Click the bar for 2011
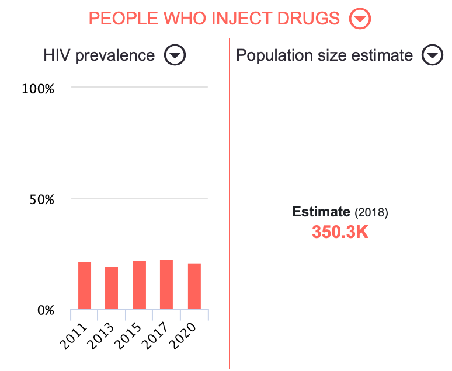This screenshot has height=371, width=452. click(x=85, y=286)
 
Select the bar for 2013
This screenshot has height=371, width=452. click(x=112, y=288)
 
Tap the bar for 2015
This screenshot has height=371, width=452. click(x=140, y=285)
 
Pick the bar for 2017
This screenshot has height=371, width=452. click(x=166, y=285)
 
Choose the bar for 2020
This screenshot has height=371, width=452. click(x=194, y=286)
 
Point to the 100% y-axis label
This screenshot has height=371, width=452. click(x=38, y=89)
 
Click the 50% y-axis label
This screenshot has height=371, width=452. click(x=41, y=199)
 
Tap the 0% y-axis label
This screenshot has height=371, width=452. click(x=46, y=310)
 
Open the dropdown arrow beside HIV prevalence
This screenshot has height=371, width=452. click(x=175, y=55)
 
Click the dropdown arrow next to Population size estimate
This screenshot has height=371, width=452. click(x=433, y=55)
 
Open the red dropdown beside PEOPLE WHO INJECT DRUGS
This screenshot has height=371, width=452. click(x=360, y=19)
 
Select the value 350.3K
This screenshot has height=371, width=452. click(x=340, y=232)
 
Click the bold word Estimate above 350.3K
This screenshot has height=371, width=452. click(x=321, y=212)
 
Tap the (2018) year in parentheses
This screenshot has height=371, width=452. click(x=371, y=212)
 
